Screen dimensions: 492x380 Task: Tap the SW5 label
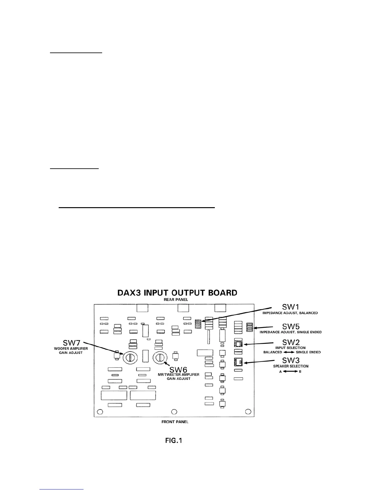pos(291,326)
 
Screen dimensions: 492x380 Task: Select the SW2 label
pos(291,342)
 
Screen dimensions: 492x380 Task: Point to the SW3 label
pos(291,360)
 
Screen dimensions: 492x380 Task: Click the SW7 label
pos(72,343)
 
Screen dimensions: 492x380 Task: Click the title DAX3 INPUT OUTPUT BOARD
pos(177,293)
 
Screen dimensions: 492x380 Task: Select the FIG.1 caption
pos(174,440)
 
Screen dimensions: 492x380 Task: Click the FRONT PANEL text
pos(175,421)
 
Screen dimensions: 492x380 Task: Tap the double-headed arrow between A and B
pos(290,371)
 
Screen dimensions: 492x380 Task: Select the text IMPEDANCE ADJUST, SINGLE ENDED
pos(290,332)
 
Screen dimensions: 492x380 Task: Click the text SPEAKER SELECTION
pos(291,366)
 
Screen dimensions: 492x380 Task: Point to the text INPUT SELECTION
pos(291,348)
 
